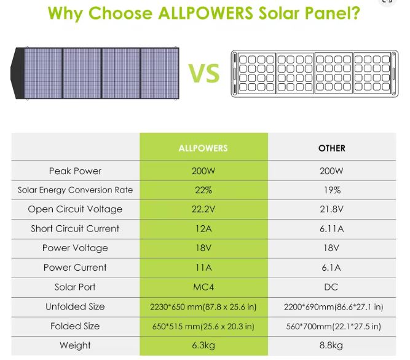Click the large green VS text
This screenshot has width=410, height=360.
point(204,74)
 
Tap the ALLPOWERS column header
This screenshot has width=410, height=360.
point(203,148)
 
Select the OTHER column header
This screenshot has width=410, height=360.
point(332,148)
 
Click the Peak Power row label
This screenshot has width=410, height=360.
point(75,170)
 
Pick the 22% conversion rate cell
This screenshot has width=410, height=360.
point(203,190)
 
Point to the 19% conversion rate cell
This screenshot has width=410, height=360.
point(332,190)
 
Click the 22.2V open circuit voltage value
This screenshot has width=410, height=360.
point(203,209)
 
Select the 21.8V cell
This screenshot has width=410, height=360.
point(332,209)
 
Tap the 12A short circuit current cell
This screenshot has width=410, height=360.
point(203,229)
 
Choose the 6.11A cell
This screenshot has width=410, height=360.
point(332,229)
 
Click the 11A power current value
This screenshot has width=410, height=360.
point(203,268)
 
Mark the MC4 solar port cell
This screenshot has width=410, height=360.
point(203,287)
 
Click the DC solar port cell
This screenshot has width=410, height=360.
point(332,287)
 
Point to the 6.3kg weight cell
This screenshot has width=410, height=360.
point(203,345)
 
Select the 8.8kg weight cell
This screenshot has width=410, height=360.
point(332,345)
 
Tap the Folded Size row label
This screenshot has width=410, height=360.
point(75,326)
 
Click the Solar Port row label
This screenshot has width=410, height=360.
point(75,287)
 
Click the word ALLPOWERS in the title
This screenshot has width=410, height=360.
point(199,14)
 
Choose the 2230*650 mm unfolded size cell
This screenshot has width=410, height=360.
point(203,306)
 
